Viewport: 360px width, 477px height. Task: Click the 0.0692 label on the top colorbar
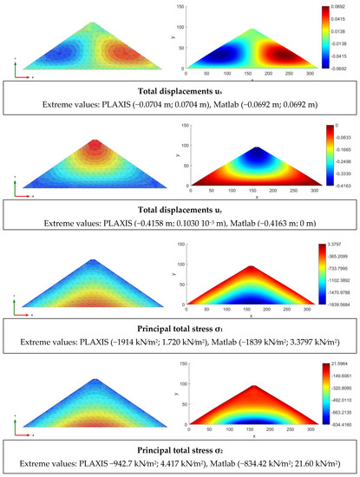pyautogui.click(x=334, y=7)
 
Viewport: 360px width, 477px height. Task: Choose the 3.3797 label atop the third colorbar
pyautogui.click(x=335, y=246)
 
